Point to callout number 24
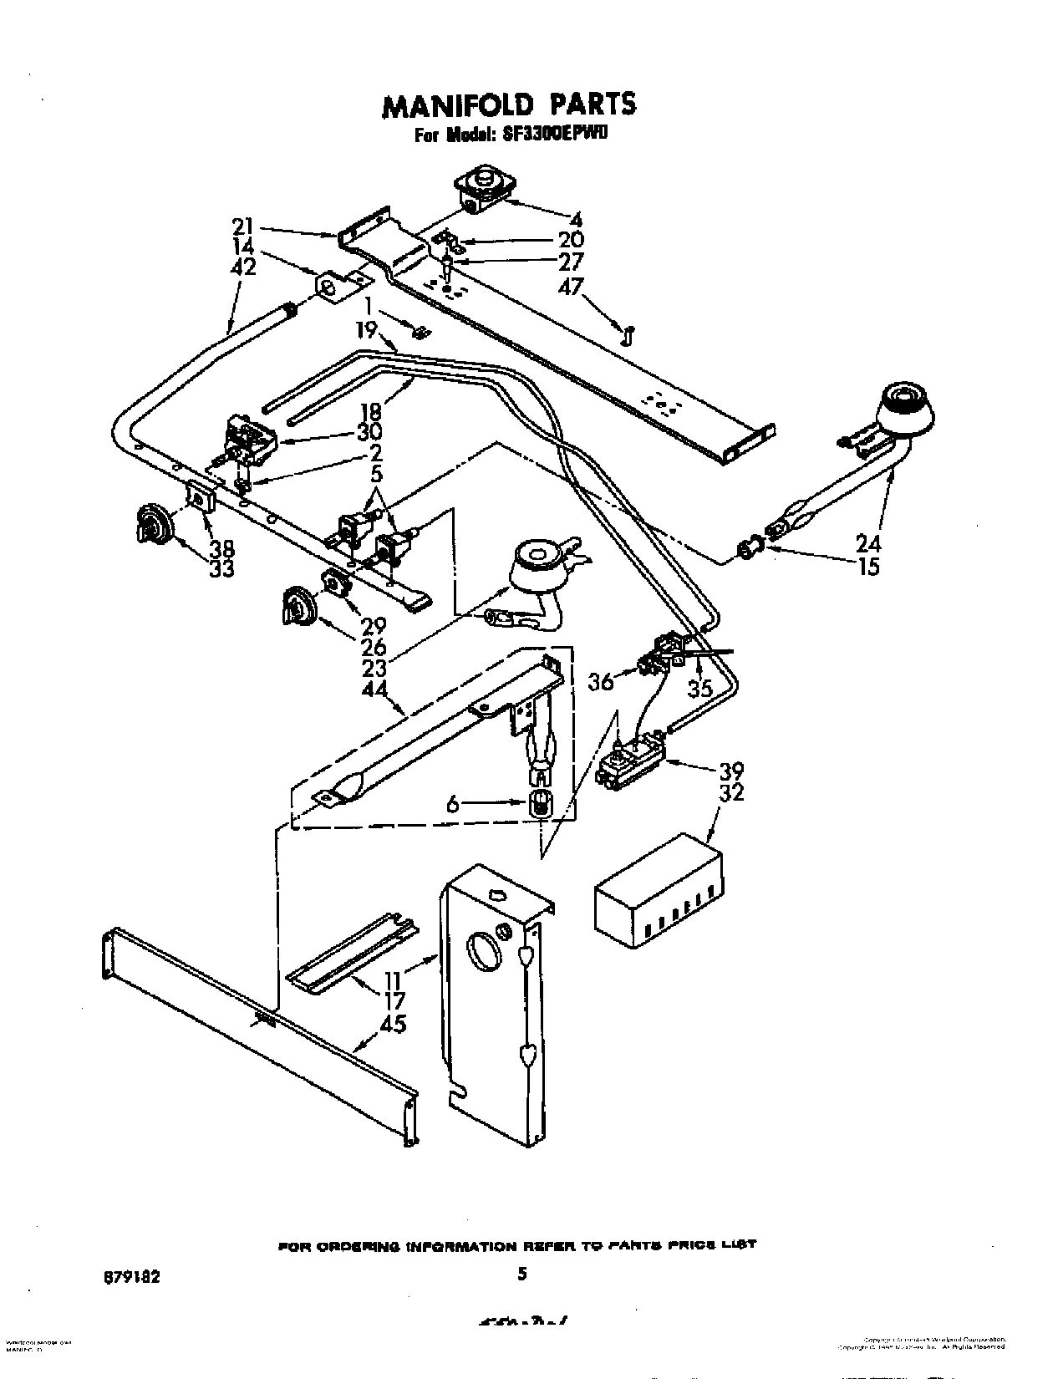pyautogui.click(x=869, y=543)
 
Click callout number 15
pyautogui.click(x=869, y=567)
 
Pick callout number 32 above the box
pyautogui.click(x=731, y=791)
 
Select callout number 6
pyautogui.click(x=452, y=803)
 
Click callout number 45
pyautogui.click(x=392, y=1023)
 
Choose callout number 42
pyautogui.click(x=243, y=267)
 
